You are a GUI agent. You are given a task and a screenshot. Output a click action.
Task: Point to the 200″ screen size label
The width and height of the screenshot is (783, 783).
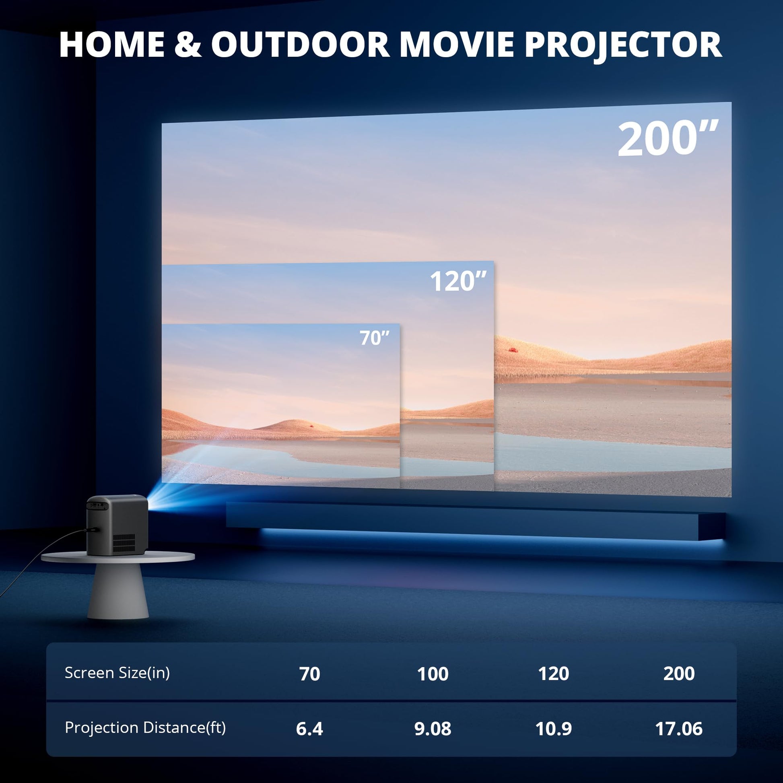coord(668,138)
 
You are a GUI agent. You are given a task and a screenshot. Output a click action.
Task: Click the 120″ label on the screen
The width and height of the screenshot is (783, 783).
coord(458,281)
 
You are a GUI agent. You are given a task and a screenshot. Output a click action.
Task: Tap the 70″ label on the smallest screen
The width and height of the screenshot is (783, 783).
coord(375,338)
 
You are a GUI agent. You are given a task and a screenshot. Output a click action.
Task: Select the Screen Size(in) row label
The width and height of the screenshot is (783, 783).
coord(117,673)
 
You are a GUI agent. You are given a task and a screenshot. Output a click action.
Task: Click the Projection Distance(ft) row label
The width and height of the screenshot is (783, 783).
coord(145,727)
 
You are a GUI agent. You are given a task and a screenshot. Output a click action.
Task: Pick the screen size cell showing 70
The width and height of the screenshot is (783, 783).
coord(310,674)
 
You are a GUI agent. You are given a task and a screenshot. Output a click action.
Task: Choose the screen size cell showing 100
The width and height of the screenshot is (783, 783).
coord(433,674)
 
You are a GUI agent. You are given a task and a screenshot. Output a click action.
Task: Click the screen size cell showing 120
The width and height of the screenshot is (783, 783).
coord(553,674)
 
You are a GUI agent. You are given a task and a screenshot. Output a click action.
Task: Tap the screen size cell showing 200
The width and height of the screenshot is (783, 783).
coord(679,674)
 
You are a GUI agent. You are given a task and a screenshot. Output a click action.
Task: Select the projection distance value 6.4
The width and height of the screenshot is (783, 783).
coord(309,729)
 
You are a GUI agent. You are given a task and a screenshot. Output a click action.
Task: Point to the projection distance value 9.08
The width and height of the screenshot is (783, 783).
coord(433,729)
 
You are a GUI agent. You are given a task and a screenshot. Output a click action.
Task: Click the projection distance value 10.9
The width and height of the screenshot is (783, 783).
coord(553,729)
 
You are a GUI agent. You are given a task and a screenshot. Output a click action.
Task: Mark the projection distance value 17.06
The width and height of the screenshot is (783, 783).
coord(679,729)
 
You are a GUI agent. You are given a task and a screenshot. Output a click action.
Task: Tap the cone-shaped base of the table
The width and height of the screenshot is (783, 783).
coord(117,590)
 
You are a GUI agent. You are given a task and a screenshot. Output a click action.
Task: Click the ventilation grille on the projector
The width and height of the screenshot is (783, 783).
coord(124,543)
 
